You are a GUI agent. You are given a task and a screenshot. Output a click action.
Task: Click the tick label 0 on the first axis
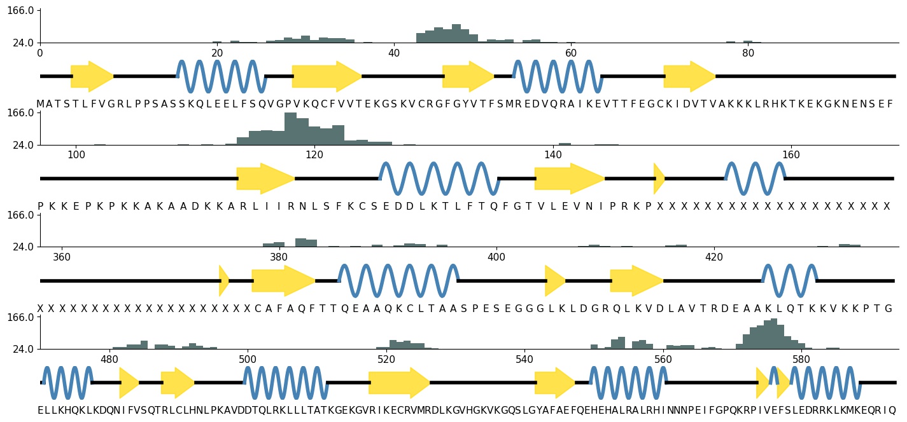coord(40,53)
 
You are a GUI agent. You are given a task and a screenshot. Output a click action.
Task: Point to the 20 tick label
coord(217,53)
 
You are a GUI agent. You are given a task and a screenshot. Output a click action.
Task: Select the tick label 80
coord(748,53)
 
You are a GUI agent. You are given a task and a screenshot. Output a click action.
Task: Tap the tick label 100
coord(76,154)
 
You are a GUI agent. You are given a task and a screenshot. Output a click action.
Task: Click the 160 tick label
coord(791,154)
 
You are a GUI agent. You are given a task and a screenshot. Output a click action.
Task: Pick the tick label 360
coord(62,257)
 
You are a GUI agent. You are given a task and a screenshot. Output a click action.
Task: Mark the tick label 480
coord(109,359)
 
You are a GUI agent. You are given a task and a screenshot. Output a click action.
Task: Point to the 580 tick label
coord(801,359)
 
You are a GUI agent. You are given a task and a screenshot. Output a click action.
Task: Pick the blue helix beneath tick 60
coord(558,76)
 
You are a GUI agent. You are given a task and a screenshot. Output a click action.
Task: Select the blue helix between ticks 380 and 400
coord(398,280)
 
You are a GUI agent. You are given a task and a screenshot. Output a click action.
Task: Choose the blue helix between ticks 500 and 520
coord(286,383)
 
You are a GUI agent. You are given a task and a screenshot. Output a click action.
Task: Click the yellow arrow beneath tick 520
coord(399,383)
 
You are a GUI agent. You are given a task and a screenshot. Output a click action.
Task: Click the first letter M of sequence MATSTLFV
coord(40,104)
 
